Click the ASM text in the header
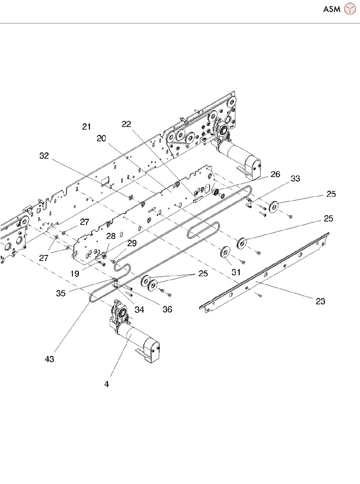[332, 9]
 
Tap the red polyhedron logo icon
[350, 9]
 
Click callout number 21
[87, 127]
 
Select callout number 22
[126, 124]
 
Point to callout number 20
[101, 138]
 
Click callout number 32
[44, 156]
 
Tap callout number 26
[275, 174]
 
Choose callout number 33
[295, 178]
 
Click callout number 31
[236, 272]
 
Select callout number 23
[321, 301]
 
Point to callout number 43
[49, 359]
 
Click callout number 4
[107, 384]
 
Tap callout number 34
[139, 309]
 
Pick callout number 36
[167, 309]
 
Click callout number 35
[61, 293]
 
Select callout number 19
[75, 274]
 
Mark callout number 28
[111, 236]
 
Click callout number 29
[132, 243]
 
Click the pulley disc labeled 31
[224, 252]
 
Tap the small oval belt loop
[204, 223]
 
